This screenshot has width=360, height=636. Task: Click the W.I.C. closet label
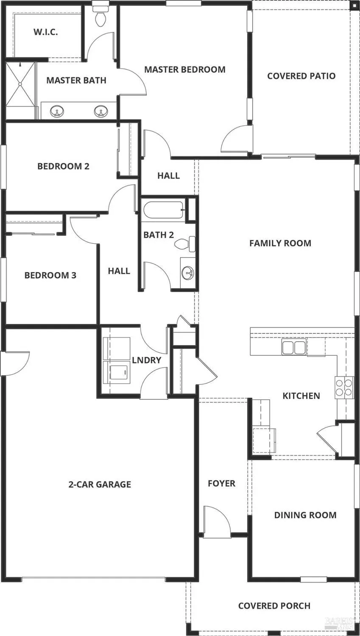tap(45, 32)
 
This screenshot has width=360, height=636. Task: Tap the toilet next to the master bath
tap(100, 17)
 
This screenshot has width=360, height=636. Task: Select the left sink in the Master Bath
tap(57, 112)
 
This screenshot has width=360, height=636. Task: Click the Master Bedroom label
tap(184, 70)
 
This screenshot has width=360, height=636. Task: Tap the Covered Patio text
tap(301, 76)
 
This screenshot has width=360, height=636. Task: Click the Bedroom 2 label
tap(63, 166)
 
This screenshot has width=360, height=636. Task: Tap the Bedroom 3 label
tap(50, 275)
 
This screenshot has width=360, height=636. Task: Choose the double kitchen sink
tap(294, 347)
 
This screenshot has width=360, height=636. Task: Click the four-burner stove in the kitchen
tap(344, 387)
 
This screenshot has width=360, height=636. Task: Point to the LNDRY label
tap(147, 360)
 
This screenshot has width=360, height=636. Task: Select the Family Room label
tap(280, 243)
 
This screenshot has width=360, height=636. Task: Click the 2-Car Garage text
tap(100, 484)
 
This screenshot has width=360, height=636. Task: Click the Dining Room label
tap(305, 515)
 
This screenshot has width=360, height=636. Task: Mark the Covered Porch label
tap(274, 606)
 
